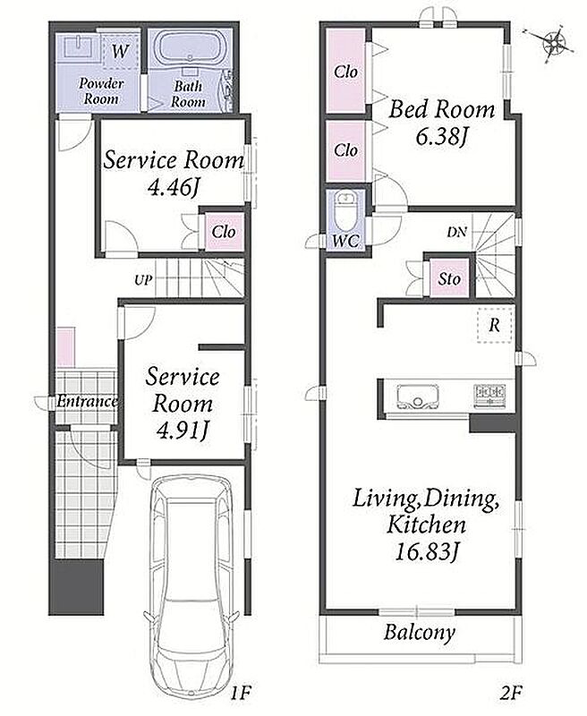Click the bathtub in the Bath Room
[x=190, y=48]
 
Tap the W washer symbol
[x=120, y=51]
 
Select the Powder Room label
[x=101, y=91]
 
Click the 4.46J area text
[x=174, y=187]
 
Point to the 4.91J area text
[x=183, y=430]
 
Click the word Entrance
[x=87, y=401]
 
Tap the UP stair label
[x=143, y=279]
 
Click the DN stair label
[x=456, y=233]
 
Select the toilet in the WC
[x=345, y=212]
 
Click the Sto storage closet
[x=449, y=278]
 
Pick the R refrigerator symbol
[x=494, y=325]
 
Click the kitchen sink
[x=418, y=396]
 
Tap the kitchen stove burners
[x=490, y=396]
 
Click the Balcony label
[x=419, y=633]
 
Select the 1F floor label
[x=241, y=693]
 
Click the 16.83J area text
[x=425, y=552]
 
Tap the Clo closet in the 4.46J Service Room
[x=223, y=232]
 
